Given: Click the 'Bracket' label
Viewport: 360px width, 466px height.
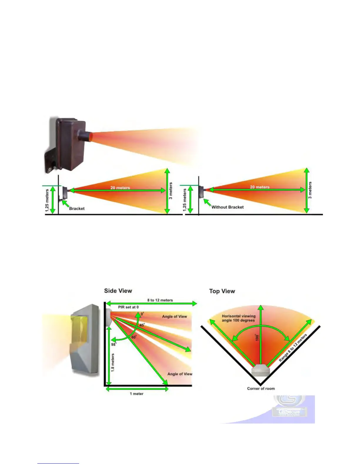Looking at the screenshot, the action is pyautogui.click(x=77, y=209).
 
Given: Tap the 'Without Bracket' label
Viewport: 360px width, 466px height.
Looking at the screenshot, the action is pyautogui.click(x=227, y=207).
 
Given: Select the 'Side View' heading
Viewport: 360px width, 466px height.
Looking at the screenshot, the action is pyautogui.click(x=118, y=291).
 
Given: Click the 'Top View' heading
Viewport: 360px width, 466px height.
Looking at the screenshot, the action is pyautogui.click(x=222, y=291).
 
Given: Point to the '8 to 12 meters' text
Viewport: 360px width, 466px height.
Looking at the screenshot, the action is pyautogui.click(x=160, y=300).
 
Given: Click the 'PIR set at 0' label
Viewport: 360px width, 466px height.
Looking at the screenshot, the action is pyautogui.click(x=128, y=307).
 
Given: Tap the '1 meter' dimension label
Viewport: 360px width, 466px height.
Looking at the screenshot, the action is pyautogui.click(x=136, y=394).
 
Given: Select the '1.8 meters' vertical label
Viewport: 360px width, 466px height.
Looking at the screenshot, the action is pyautogui.click(x=113, y=362).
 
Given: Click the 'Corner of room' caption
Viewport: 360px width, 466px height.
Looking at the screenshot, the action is pyautogui.click(x=261, y=389).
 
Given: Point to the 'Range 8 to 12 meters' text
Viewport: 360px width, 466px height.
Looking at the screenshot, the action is pyautogui.click(x=293, y=347).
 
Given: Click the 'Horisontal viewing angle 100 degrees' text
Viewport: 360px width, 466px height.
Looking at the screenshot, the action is pyautogui.click(x=239, y=318).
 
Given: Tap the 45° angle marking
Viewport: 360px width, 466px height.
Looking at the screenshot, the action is pyautogui.click(x=142, y=325).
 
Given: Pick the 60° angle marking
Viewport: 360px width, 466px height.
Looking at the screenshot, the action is pyautogui.click(x=134, y=337).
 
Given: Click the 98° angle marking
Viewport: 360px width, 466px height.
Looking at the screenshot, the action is pyautogui.click(x=114, y=344).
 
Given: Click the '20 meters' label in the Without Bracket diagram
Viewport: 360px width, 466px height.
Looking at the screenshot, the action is pyautogui.click(x=259, y=187).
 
